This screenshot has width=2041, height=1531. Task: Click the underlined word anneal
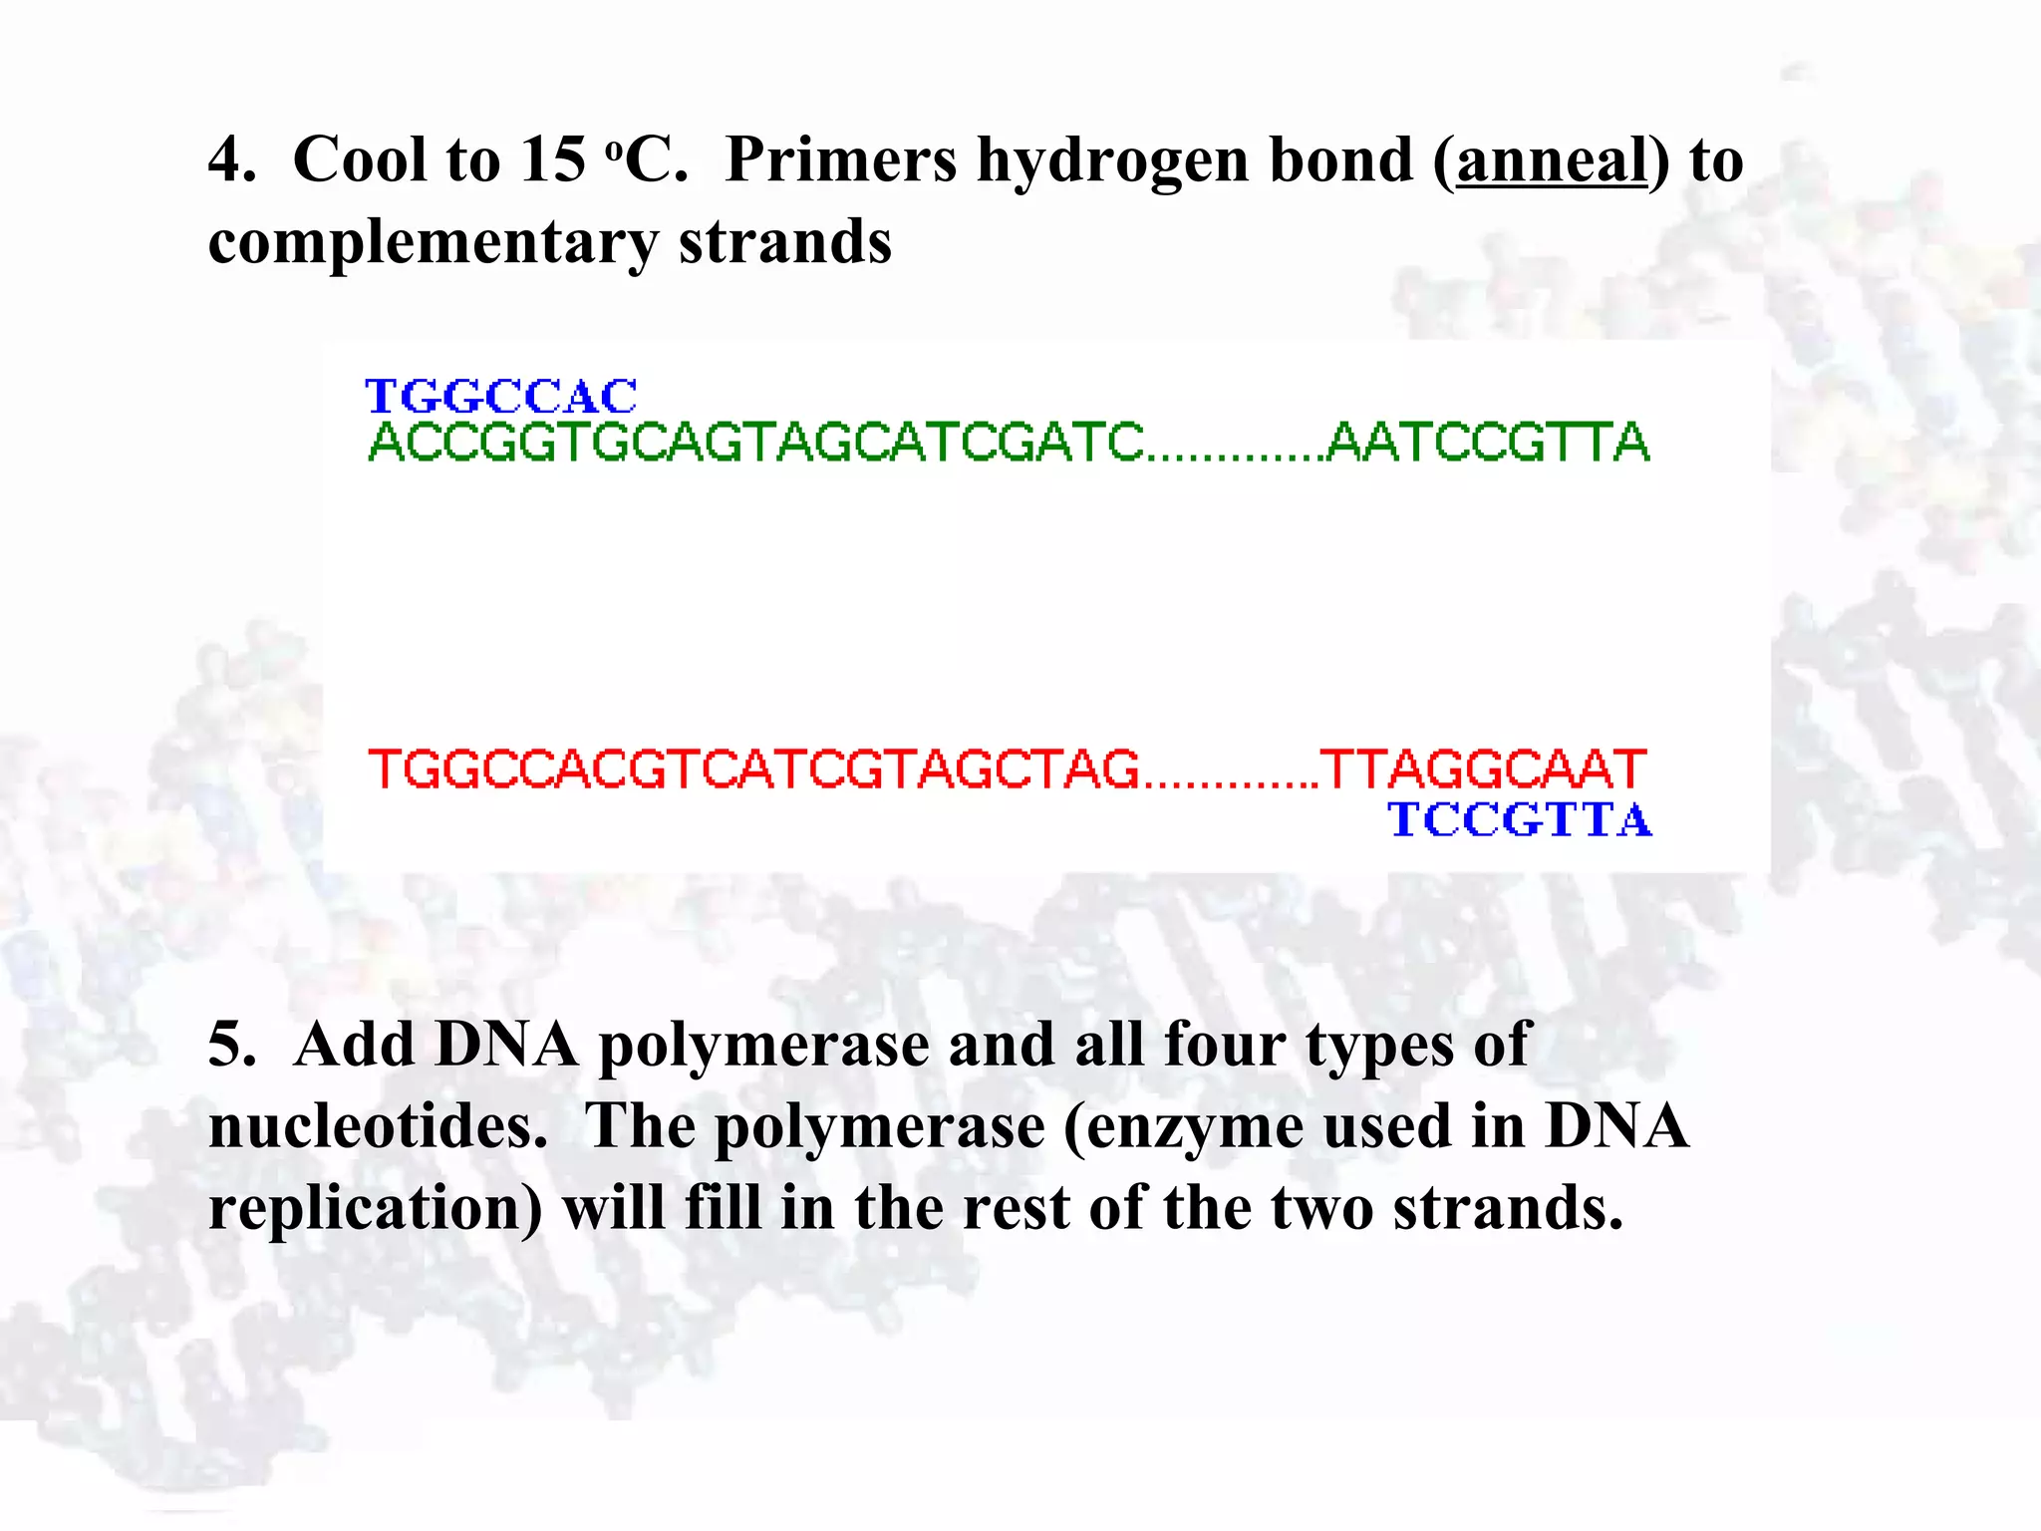(1551, 160)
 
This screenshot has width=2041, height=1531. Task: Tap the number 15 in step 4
(552, 159)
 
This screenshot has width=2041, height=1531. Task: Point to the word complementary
(433, 244)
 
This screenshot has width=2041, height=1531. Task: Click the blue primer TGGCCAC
(501, 397)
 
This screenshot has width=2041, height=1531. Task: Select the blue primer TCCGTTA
(1520, 820)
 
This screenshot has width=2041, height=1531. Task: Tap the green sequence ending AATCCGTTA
(1489, 443)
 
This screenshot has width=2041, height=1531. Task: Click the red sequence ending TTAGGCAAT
(1483, 769)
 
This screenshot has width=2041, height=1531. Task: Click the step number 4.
(227, 159)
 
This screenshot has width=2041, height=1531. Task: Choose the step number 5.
(227, 1046)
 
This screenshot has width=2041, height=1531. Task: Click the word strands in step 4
(784, 242)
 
